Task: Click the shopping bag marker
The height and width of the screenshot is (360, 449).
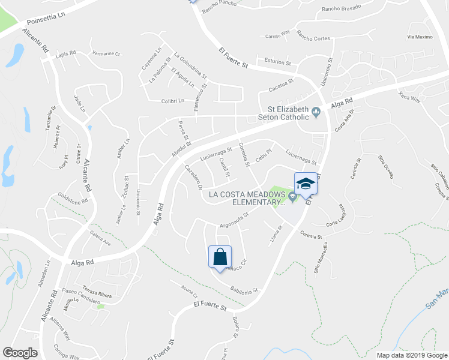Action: click(220, 257)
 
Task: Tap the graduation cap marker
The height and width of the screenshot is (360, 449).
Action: click(306, 184)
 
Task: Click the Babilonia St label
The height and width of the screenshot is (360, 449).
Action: click(243, 290)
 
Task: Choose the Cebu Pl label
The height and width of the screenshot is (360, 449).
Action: click(264, 154)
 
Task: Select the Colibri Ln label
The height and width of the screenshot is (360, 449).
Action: click(173, 101)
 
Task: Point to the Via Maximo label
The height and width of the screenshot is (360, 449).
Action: click(420, 37)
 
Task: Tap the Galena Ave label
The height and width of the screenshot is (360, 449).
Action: click(100, 243)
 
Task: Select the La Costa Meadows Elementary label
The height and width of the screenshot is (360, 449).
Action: click(247, 198)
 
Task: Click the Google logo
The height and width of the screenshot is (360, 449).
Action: click(20, 353)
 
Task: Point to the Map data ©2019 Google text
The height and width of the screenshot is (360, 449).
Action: click(412, 355)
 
